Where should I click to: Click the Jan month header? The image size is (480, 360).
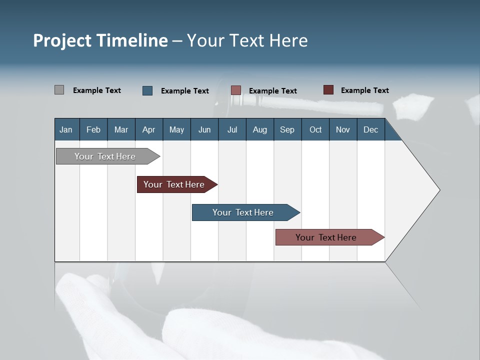click(x=66, y=129)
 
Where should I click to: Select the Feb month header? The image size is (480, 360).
click(x=93, y=129)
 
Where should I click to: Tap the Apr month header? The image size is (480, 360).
click(x=149, y=129)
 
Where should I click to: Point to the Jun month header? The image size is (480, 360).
click(x=204, y=129)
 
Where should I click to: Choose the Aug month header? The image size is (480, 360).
click(x=260, y=129)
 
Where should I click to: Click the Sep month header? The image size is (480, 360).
click(x=287, y=129)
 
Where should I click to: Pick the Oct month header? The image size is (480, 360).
click(x=315, y=129)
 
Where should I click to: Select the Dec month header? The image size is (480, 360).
click(x=371, y=129)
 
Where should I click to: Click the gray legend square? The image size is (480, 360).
click(x=59, y=90)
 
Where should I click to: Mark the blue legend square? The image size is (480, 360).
click(x=147, y=90)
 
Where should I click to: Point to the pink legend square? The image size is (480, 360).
click(x=236, y=90)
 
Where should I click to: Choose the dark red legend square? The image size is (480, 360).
click(x=328, y=90)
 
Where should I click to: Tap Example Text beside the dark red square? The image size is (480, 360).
click(x=364, y=90)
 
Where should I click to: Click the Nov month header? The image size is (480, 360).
click(x=343, y=129)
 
